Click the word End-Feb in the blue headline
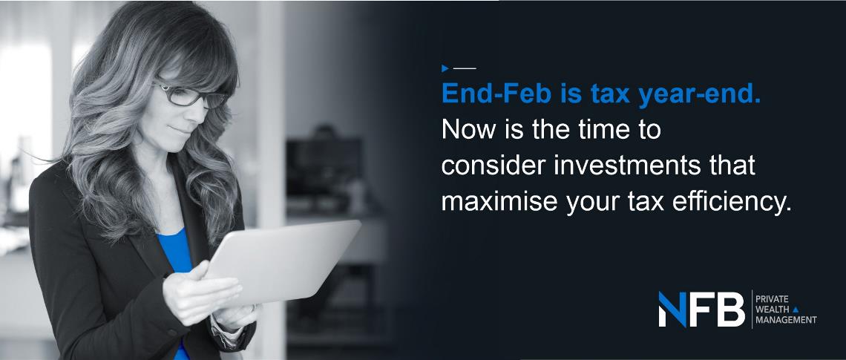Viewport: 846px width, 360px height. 496,94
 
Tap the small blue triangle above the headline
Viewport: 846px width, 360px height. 445,68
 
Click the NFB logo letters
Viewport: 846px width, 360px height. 701,310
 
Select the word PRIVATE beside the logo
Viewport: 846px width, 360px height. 772,299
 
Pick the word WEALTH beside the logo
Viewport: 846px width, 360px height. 773,310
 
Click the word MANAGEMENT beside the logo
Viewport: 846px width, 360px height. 786,320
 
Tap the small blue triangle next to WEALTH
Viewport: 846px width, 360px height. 796,310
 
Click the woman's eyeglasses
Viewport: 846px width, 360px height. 191,95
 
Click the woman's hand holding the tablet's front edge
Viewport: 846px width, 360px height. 203,294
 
